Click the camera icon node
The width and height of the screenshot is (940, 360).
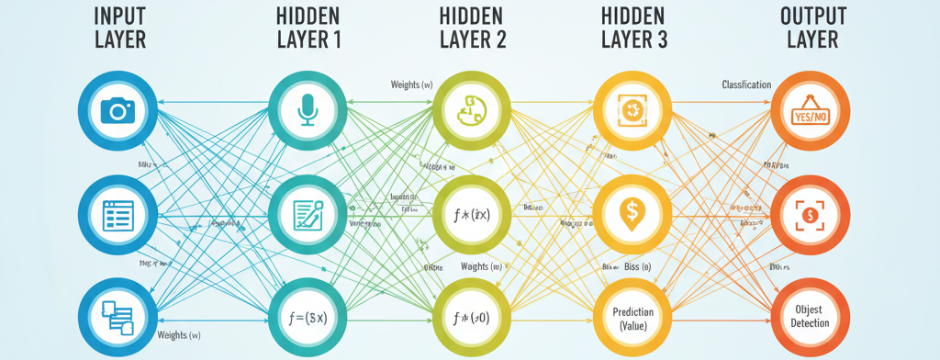(117, 111)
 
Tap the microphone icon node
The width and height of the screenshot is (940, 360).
(306, 111)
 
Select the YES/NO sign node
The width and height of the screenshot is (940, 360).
(808, 111)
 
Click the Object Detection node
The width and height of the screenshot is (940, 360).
(808, 317)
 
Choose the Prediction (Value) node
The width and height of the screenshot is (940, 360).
(632, 317)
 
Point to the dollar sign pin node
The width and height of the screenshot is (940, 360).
(632, 214)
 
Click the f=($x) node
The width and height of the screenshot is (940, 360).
(306, 317)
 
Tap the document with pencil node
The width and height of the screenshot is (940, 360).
(306, 214)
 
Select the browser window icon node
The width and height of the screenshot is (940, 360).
(117, 214)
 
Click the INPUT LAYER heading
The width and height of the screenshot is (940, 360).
(117, 28)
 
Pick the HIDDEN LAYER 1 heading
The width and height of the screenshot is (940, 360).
(306, 28)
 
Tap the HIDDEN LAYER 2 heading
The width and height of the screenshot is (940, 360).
(470, 28)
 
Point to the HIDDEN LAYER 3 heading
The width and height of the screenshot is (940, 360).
(633, 28)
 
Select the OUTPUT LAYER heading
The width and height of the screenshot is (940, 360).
(808, 28)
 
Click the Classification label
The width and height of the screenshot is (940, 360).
(745, 84)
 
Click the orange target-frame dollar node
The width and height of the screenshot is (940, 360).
(808, 214)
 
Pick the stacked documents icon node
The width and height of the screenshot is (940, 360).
(117, 317)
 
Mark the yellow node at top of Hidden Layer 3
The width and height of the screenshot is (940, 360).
(632, 111)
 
